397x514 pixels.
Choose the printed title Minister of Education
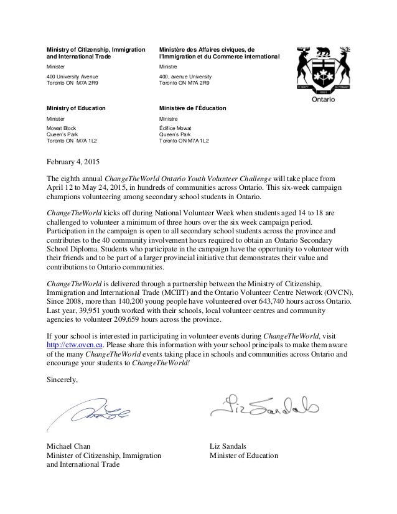click(x=245, y=455)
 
